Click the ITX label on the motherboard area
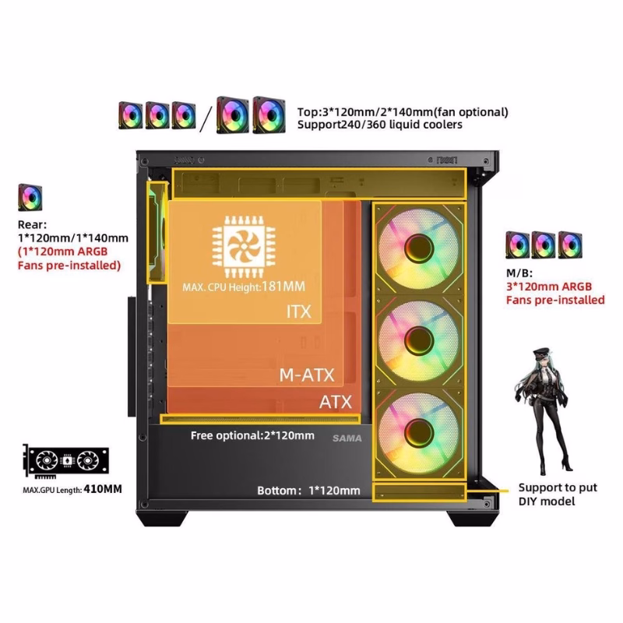297,312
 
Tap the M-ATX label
306,375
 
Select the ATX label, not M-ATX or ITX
336,403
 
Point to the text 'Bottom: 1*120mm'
308,491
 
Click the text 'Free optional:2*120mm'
252,435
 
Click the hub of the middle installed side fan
419,337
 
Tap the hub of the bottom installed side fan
419,428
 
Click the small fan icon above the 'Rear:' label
30,198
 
